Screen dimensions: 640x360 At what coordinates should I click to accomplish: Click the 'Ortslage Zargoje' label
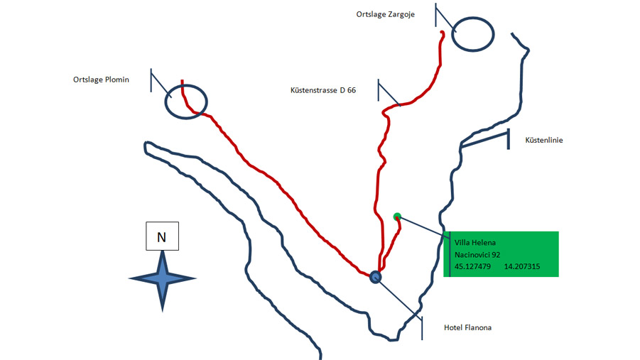tap(385, 14)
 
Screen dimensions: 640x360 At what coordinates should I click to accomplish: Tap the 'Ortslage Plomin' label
tap(101, 80)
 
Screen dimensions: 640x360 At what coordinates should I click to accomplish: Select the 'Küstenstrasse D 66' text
tap(323, 90)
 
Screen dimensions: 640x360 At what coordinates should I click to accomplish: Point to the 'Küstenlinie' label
tap(543, 140)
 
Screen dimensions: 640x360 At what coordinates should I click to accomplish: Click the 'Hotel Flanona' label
tap(467, 327)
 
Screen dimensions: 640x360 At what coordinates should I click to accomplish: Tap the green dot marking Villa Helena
tap(397, 217)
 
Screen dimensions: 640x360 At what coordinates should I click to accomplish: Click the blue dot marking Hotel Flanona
tap(376, 277)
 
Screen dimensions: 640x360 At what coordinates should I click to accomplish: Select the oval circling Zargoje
tap(472, 18)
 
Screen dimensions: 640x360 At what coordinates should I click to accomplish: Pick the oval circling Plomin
tap(186, 85)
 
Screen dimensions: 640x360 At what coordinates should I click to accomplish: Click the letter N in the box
tap(162, 237)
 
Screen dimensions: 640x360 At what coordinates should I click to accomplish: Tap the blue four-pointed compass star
tap(163, 280)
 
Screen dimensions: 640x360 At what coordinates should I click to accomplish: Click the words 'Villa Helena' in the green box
tap(475, 242)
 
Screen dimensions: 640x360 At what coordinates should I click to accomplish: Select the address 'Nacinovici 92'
tap(477, 255)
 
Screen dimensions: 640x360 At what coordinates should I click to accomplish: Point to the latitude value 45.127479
tap(472, 266)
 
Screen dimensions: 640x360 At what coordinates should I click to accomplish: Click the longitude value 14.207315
tap(522, 266)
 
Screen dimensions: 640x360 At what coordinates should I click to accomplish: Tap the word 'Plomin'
tap(117, 80)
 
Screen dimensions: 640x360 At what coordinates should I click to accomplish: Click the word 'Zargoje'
tap(401, 15)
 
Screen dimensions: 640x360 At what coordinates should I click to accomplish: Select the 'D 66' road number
tap(348, 90)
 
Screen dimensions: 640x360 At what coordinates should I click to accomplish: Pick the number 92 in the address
tap(496, 255)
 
